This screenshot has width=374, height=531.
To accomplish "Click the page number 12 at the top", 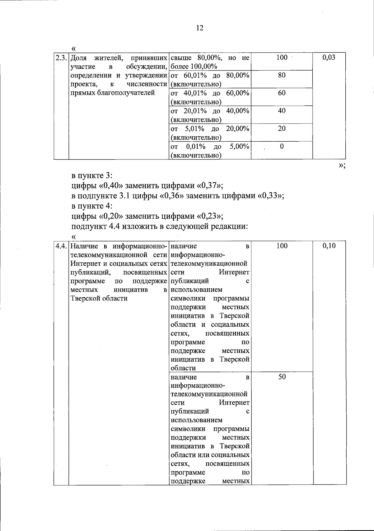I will (x=200, y=28).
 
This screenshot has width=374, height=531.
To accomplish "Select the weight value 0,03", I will (x=329, y=58).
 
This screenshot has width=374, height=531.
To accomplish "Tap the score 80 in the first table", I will (x=282, y=75).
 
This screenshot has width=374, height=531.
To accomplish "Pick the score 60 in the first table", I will (x=282, y=93).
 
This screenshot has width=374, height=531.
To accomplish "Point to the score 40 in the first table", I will (x=282, y=111).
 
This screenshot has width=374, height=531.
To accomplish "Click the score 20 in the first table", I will (x=282, y=129).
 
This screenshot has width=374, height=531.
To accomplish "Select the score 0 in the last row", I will (x=282, y=146).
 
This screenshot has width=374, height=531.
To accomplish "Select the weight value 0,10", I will (x=329, y=246).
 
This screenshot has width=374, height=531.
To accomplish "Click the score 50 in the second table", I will (x=282, y=377).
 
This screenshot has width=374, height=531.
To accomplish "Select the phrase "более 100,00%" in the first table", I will (x=194, y=66).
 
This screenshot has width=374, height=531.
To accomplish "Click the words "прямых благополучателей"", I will (x=113, y=93).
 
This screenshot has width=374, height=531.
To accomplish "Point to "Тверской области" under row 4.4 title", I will (x=99, y=298).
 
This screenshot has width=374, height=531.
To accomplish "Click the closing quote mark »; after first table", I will (x=342, y=165).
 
